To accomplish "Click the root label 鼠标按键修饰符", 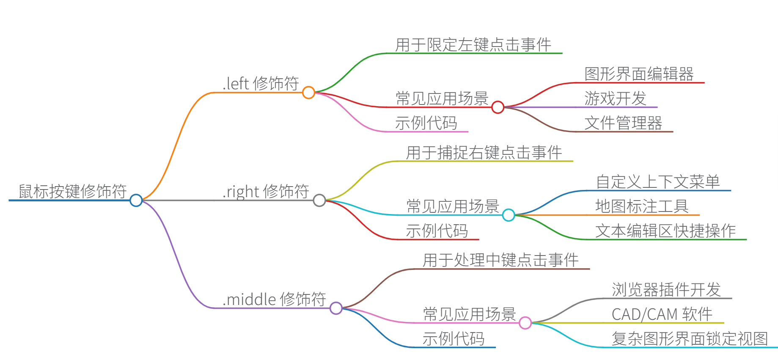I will (x=72, y=191).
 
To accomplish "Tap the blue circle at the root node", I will (x=136, y=200).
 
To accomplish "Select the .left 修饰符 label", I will (x=261, y=83).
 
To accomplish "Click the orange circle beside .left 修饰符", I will (x=308, y=92).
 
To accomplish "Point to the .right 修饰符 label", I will (x=266, y=191).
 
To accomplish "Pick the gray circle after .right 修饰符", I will (x=319, y=200).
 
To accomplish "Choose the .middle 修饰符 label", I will (x=274, y=299).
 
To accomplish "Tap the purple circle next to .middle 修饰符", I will (x=336, y=308).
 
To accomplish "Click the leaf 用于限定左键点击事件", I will (x=473, y=44).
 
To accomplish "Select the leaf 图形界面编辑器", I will (x=639, y=74).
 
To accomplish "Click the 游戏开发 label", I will (x=615, y=98).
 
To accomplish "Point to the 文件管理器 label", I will (x=623, y=123).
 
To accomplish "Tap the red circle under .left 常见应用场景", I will (x=498, y=107).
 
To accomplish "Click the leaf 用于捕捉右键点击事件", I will (x=484, y=152).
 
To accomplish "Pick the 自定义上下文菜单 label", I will (x=657, y=181).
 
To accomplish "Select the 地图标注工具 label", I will (x=642, y=206).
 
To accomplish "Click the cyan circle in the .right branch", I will (x=509, y=215).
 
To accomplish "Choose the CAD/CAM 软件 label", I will (x=662, y=314).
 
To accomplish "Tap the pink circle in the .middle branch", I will (x=525, y=323).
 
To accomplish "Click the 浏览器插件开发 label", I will (x=666, y=289).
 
